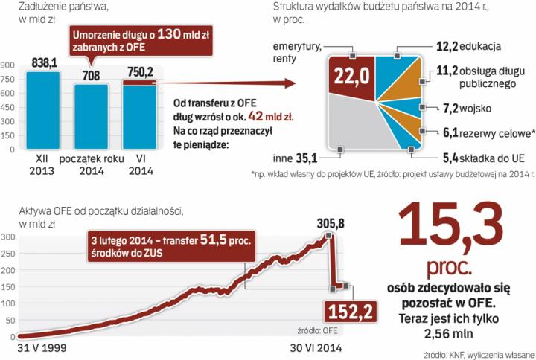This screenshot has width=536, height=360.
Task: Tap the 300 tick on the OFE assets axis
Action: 8,237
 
